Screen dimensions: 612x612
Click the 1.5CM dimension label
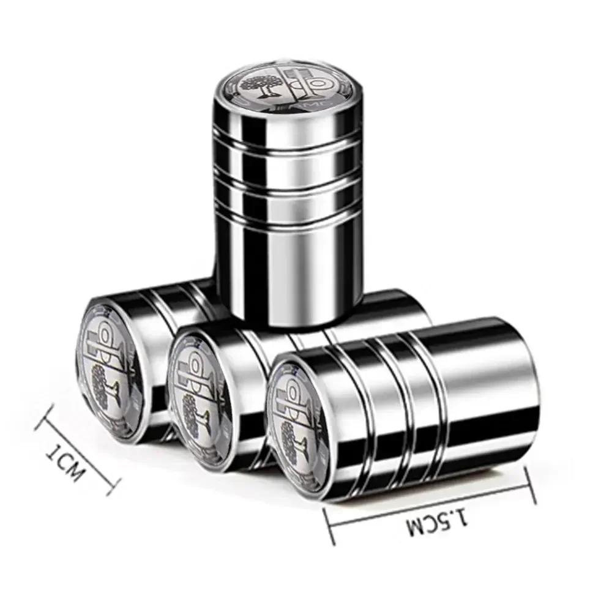pos(437,522)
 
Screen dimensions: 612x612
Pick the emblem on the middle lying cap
pos(199,392)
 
